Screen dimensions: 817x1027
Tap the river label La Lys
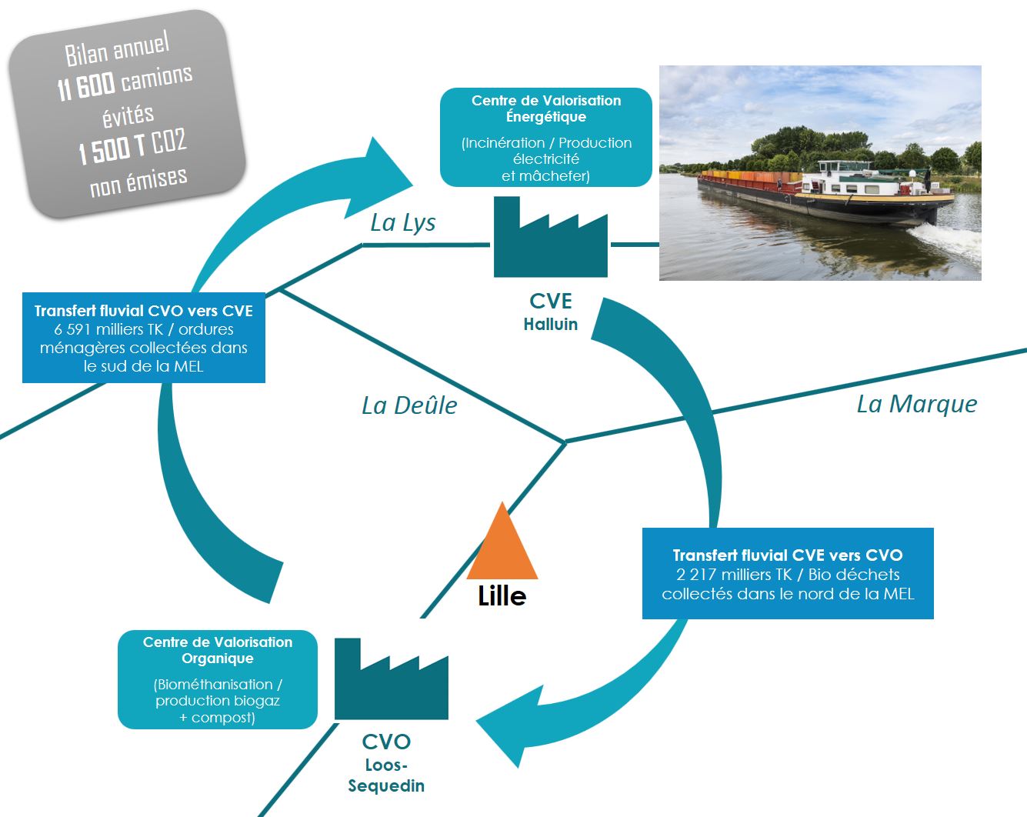(x=402, y=223)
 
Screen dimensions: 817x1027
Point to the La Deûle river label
(x=409, y=405)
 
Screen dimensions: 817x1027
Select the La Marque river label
(x=917, y=404)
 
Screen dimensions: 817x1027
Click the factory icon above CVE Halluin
(x=550, y=239)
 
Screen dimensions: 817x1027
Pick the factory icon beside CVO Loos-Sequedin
(x=391, y=681)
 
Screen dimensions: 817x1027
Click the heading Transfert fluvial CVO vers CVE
(x=144, y=311)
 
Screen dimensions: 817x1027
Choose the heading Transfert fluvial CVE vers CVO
(x=788, y=555)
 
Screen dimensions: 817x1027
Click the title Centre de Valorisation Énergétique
(x=546, y=108)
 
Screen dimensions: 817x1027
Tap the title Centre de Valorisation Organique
(x=218, y=650)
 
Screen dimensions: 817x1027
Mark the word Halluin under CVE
(x=550, y=325)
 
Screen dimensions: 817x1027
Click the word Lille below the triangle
(x=502, y=596)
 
